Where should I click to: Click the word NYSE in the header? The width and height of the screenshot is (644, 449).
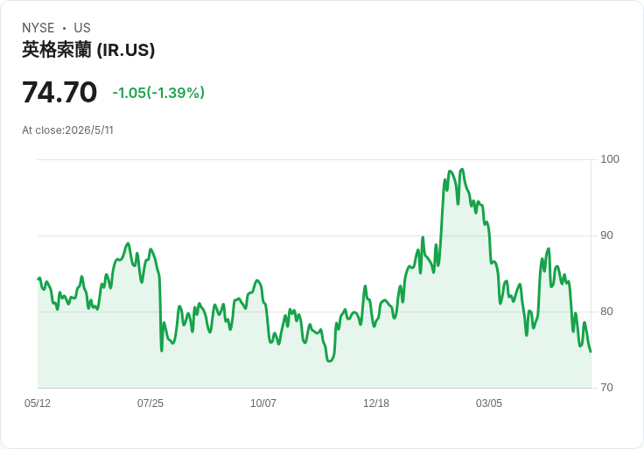pyautogui.click(x=38, y=28)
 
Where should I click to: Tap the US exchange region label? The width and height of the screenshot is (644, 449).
pyautogui.click(x=82, y=28)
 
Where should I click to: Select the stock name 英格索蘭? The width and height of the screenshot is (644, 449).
pyautogui.click(x=56, y=50)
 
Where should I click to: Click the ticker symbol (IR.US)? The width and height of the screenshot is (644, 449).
pyautogui.click(x=126, y=50)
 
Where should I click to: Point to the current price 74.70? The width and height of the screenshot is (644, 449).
pyautogui.click(x=59, y=92)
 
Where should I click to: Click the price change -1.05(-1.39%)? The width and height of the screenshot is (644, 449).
pyautogui.click(x=158, y=93)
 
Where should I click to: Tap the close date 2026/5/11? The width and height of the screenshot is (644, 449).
pyautogui.click(x=89, y=130)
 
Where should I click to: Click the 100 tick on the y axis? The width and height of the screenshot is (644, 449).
pyautogui.click(x=610, y=159)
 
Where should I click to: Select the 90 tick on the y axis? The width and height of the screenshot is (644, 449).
pyautogui.click(x=606, y=235)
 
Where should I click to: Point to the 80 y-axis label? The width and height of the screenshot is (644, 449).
pyautogui.click(x=606, y=312)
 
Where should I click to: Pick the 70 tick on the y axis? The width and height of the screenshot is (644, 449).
pyautogui.click(x=606, y=388)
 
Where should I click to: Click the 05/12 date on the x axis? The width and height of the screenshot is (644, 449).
pyautogui.click(x=38, y=403)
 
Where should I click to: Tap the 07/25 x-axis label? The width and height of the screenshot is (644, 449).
pyautogui.click(x=150, y=403)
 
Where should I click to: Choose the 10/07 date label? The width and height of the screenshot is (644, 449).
pyautogui.click(x=263, y=403)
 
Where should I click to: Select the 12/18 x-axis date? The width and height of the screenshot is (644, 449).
pyautogui.click(x=376, y=403)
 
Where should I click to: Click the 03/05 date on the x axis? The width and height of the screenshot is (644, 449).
pyautogui.click(x=489, y=403)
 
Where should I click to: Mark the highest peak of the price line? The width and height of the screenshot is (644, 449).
pyautogui.click(x=463, y=169)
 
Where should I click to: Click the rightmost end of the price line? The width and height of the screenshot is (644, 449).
pyautogui.click(x=591, y=351)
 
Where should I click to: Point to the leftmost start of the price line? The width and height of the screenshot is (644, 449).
pyautogui.click(x=38, y=279)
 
